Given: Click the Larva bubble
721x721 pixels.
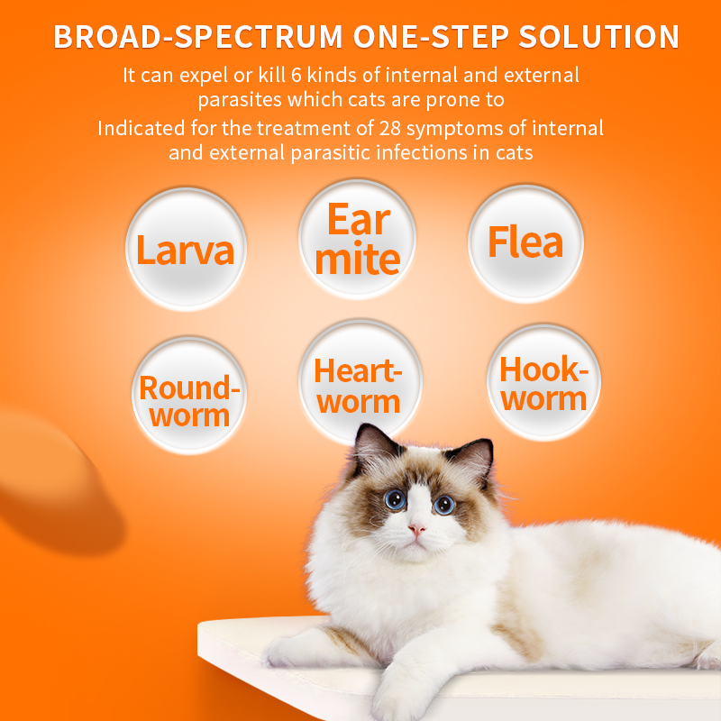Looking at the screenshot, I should click(x=185, y=248).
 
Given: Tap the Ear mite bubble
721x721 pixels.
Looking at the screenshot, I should click(x=358, y=239).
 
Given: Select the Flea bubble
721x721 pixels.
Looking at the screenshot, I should click(x=525, y=242).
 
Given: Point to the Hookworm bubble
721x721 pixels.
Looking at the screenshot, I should click(x=543, y=383).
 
